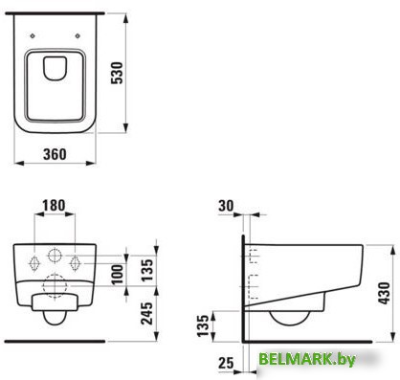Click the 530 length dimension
point(117,73)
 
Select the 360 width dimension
point(55,154)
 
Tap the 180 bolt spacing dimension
point(54,206)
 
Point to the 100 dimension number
point(118,274)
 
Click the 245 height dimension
point(147,313)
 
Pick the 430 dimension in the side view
point(385,293)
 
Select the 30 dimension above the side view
point(226,206)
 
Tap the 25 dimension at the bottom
point(226,363)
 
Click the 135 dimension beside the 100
point(147,270)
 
